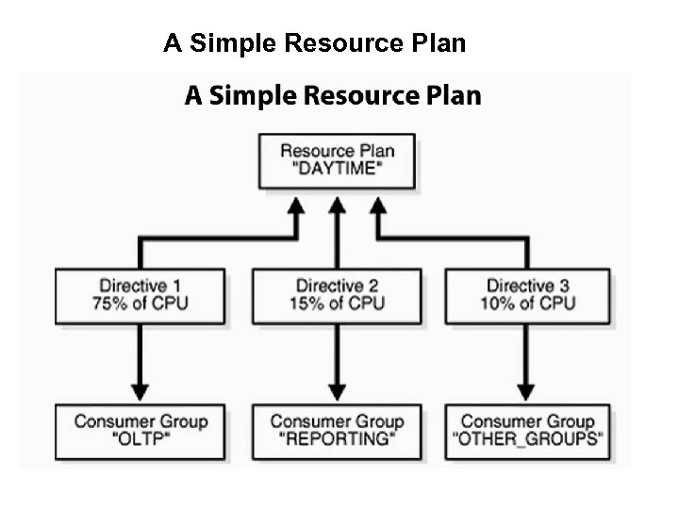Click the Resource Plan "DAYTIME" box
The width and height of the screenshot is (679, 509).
pos(338,162)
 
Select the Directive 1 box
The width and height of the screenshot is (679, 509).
pos(140,296)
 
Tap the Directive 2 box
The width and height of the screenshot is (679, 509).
pos(338,296)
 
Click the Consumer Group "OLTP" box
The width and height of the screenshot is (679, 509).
pos(140,432)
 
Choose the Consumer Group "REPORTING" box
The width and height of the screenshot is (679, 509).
pos(338,432)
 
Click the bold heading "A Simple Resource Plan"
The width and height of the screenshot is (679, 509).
pos(332,96)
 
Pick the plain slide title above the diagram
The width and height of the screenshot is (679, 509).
pos(314,43)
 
